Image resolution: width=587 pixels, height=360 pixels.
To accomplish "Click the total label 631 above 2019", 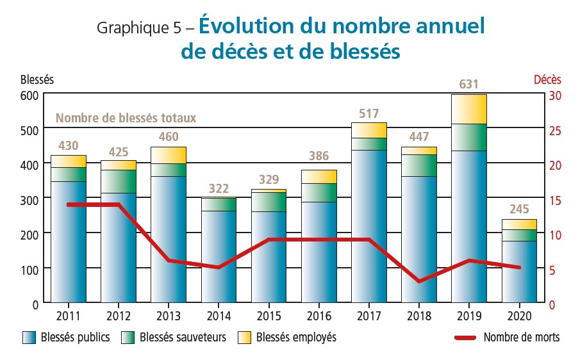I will pos(468,85).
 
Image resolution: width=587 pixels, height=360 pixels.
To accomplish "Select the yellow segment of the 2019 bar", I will pos(468,109).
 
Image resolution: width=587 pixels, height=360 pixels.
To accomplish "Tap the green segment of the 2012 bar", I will pos(119,181).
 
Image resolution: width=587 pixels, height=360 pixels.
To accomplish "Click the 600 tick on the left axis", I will pos(31,95).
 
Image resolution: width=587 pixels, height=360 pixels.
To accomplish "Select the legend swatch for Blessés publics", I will pos(28,337).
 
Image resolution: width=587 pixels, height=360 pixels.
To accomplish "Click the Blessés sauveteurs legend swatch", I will pos(127,337).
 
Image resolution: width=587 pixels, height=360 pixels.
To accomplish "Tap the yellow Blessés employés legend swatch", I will pos(244,337).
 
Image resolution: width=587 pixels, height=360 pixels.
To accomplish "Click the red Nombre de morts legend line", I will pos(465,337).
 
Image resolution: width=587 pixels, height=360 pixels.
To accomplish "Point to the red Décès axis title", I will pos(547,80).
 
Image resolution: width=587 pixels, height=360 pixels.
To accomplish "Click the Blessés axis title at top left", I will pos(37,80).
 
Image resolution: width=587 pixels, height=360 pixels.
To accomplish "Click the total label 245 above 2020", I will pos(518,209).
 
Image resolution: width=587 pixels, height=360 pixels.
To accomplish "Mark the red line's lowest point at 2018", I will pos(418,281).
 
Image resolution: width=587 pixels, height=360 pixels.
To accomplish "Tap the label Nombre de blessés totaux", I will pos(126,118).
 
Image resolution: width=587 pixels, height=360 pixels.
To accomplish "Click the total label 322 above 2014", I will pos(219,188).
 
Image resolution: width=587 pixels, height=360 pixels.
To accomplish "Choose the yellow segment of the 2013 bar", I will pos(169,155).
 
